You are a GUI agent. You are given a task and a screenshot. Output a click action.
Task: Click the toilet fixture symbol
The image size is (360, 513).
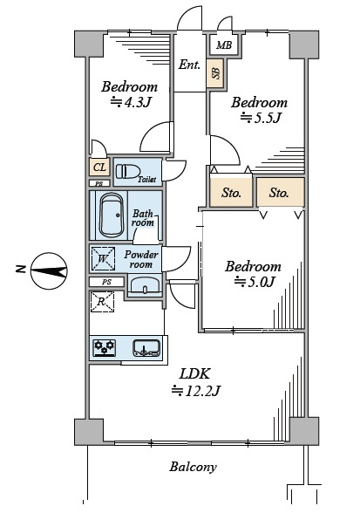tap(128, 171)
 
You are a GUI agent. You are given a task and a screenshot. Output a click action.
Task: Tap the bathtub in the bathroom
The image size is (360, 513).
tap(112, 215)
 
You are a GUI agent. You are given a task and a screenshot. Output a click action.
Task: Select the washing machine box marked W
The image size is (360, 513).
tap(103, 259)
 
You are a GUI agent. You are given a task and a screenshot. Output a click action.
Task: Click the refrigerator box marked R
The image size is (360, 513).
tap(102, 301)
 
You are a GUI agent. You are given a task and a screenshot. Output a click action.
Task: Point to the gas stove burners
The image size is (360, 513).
tap(105, 348)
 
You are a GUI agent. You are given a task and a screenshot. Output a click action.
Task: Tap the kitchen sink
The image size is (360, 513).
tap(146, 348)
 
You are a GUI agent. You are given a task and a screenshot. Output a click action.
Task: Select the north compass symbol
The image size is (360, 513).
tap(49, 271)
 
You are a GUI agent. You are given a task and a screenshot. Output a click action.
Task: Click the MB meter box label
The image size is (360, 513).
tap(224, 44)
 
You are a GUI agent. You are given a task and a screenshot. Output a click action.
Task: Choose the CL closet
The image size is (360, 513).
tap(99, 168)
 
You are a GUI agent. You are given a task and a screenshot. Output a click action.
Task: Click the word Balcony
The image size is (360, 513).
tap(193, 467)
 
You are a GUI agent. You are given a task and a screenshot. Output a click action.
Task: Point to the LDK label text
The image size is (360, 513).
tap(195, 373)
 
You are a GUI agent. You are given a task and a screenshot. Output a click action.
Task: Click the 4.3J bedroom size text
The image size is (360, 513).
tap(130, 103)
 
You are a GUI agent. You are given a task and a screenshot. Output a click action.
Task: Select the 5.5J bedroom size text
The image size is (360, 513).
tap(261, 118)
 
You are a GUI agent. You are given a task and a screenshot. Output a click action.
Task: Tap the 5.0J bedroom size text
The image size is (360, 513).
tap(255, 282)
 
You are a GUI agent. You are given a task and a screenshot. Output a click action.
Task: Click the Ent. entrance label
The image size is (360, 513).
tap(189, 65)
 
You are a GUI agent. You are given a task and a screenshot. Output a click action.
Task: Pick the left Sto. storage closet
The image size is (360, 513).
tap(231, 192)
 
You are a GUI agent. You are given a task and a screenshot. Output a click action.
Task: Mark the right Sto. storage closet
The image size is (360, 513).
tap(281, 192)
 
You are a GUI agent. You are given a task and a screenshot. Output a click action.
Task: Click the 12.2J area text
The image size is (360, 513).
tap(196, 390)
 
